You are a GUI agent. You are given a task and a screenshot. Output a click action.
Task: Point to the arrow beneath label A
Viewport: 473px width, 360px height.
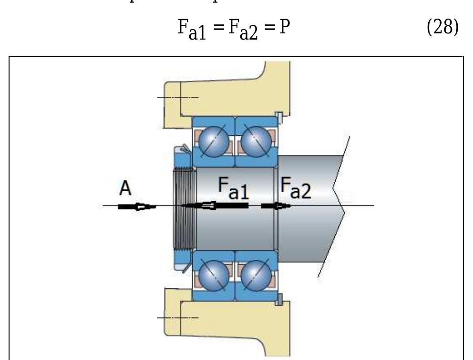click(137, 206)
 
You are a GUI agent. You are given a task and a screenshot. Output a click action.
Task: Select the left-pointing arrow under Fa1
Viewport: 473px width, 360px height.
click(215, 206)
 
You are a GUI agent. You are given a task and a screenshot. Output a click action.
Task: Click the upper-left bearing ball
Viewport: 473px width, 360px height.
click(213, 142)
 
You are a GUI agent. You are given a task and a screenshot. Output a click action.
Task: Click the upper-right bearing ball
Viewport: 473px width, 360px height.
click(255, 142)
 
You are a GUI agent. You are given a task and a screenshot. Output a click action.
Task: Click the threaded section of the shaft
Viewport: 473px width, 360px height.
click(184, 208)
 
